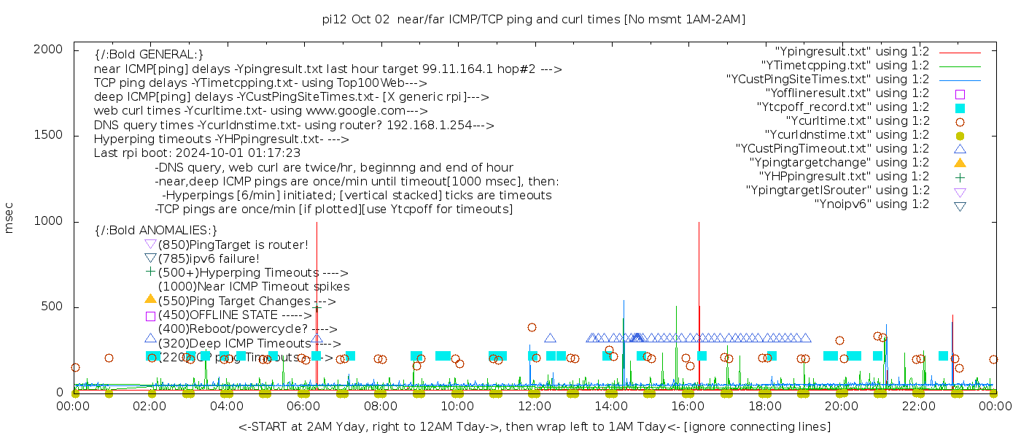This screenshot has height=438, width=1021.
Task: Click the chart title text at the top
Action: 534,20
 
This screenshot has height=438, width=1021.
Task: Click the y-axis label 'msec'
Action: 9,218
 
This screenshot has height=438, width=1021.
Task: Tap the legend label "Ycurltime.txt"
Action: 858,120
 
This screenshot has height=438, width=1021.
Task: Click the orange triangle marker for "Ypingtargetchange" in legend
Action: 960,162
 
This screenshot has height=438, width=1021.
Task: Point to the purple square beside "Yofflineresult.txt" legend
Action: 960,93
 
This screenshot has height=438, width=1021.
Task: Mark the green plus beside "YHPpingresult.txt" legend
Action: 960,176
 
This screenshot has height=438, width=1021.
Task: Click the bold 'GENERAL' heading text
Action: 149,54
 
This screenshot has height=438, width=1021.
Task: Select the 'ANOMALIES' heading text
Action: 156,230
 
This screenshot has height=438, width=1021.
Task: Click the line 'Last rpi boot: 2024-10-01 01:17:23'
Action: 197,153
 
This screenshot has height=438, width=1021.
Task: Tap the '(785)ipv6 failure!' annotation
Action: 209,258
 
